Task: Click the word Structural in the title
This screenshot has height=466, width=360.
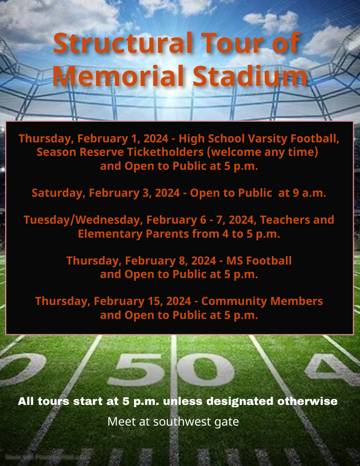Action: pyautogui.click(x=122, y=43)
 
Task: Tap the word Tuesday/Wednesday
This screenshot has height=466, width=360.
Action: pyautogui.click(x=82, y=220)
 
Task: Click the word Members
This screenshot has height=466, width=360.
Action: pyautogui.click(x=296, y=301)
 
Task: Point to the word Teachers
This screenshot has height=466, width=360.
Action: pyautogui.click(x=285, y=220)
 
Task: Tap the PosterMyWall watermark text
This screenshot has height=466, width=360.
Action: pyautogui.click(x=46, y=457)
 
